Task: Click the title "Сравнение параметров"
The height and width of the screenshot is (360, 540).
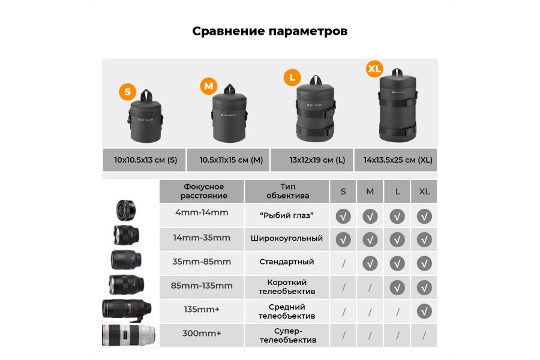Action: pyautogui.click(x=269, y=31)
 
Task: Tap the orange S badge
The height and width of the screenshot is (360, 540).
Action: pyautogui.click(x=127, y=92)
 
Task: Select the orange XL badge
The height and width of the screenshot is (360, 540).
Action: pyautogui.click(x=374, y=69)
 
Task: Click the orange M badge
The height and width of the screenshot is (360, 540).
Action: pyautogui.click(x=208, y=86)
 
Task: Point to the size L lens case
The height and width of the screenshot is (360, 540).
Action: pyautogui.click(x=314, y=111)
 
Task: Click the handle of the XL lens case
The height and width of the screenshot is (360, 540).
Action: pyautogui.click(x=396, y=68)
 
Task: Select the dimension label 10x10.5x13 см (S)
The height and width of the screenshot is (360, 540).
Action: pyautogui.click(x=146, y=160)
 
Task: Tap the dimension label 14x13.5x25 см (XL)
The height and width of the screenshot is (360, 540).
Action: pyautogui.click(x=398, y=160)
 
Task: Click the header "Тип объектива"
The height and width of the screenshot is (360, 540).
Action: pyautogui.click(x=287, y=191)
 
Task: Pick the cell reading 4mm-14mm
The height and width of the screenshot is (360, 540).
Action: pyautogui.click(x=202, y=212)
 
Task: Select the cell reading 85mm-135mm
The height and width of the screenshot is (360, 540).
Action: pyautogui.click(x=202, y=286)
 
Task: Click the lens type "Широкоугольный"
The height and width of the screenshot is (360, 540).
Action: pyautogui.click(x=287, y=238)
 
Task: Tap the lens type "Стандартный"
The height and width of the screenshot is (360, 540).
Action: pyautogui.click(x=287, y=262)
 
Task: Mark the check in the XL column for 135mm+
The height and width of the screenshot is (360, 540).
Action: pyautogui.click(x=425, y=311)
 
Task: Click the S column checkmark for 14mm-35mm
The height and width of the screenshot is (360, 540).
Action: pyautogui.click(x=343, y=239)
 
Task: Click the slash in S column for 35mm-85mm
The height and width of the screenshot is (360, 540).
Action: pyautogui.click(x=343, y=263)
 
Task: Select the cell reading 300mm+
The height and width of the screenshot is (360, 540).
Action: pyautogui.click(x=202, y=333)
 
